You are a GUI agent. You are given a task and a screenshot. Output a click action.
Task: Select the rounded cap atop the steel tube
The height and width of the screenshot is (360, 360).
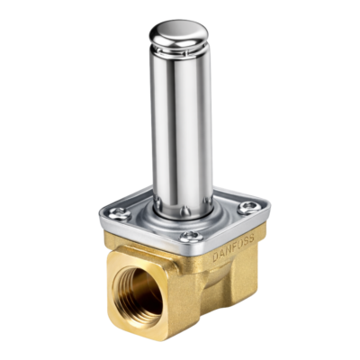(x=181, y=34)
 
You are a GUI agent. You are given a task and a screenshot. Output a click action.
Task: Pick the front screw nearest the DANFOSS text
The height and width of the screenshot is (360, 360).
(x=190, y=238)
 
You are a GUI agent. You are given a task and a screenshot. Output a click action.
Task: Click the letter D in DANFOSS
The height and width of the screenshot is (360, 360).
(x=214, y=256)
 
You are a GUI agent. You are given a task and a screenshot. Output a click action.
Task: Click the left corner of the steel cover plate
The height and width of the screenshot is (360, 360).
(x=102, y=214)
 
